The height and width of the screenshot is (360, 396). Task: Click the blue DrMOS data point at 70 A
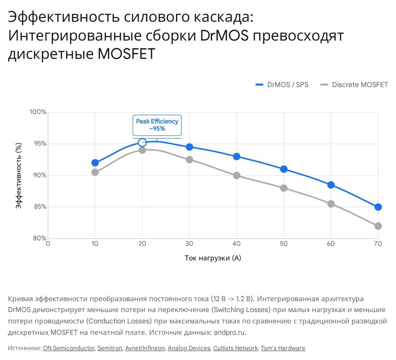click(378, 207)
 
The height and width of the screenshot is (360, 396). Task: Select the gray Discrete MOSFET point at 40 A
click(237, 175)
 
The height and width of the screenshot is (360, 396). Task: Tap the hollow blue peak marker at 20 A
click(142, 143)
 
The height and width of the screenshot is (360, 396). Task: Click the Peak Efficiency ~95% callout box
click(157, 125)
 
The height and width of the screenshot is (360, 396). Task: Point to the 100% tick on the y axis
click(38, 112)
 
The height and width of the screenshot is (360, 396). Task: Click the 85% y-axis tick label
click(39, 207)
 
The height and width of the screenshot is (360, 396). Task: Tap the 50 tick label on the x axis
click(283, 244)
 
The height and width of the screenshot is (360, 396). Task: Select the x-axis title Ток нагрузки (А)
click(213, 258)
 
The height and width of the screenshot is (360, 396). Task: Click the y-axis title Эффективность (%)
click(19, 175)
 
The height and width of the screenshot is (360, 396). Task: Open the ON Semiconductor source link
click(69, 348)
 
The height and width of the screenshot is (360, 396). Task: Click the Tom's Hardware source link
click(283, 348)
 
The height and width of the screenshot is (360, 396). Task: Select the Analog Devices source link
click(189, 348)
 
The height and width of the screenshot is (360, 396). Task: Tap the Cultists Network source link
click(235, 348)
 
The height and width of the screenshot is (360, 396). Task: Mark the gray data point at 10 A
click(95, 172)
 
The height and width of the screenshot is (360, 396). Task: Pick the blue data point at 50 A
click(284, 169)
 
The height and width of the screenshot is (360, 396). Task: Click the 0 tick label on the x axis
click(48, 244)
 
